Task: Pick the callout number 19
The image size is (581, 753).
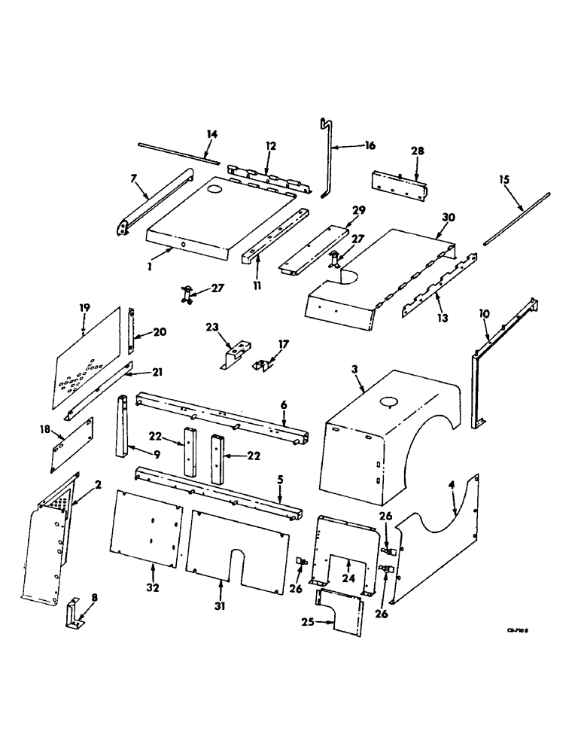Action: point(85,307)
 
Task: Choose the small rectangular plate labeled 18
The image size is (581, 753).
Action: point(72,445)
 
